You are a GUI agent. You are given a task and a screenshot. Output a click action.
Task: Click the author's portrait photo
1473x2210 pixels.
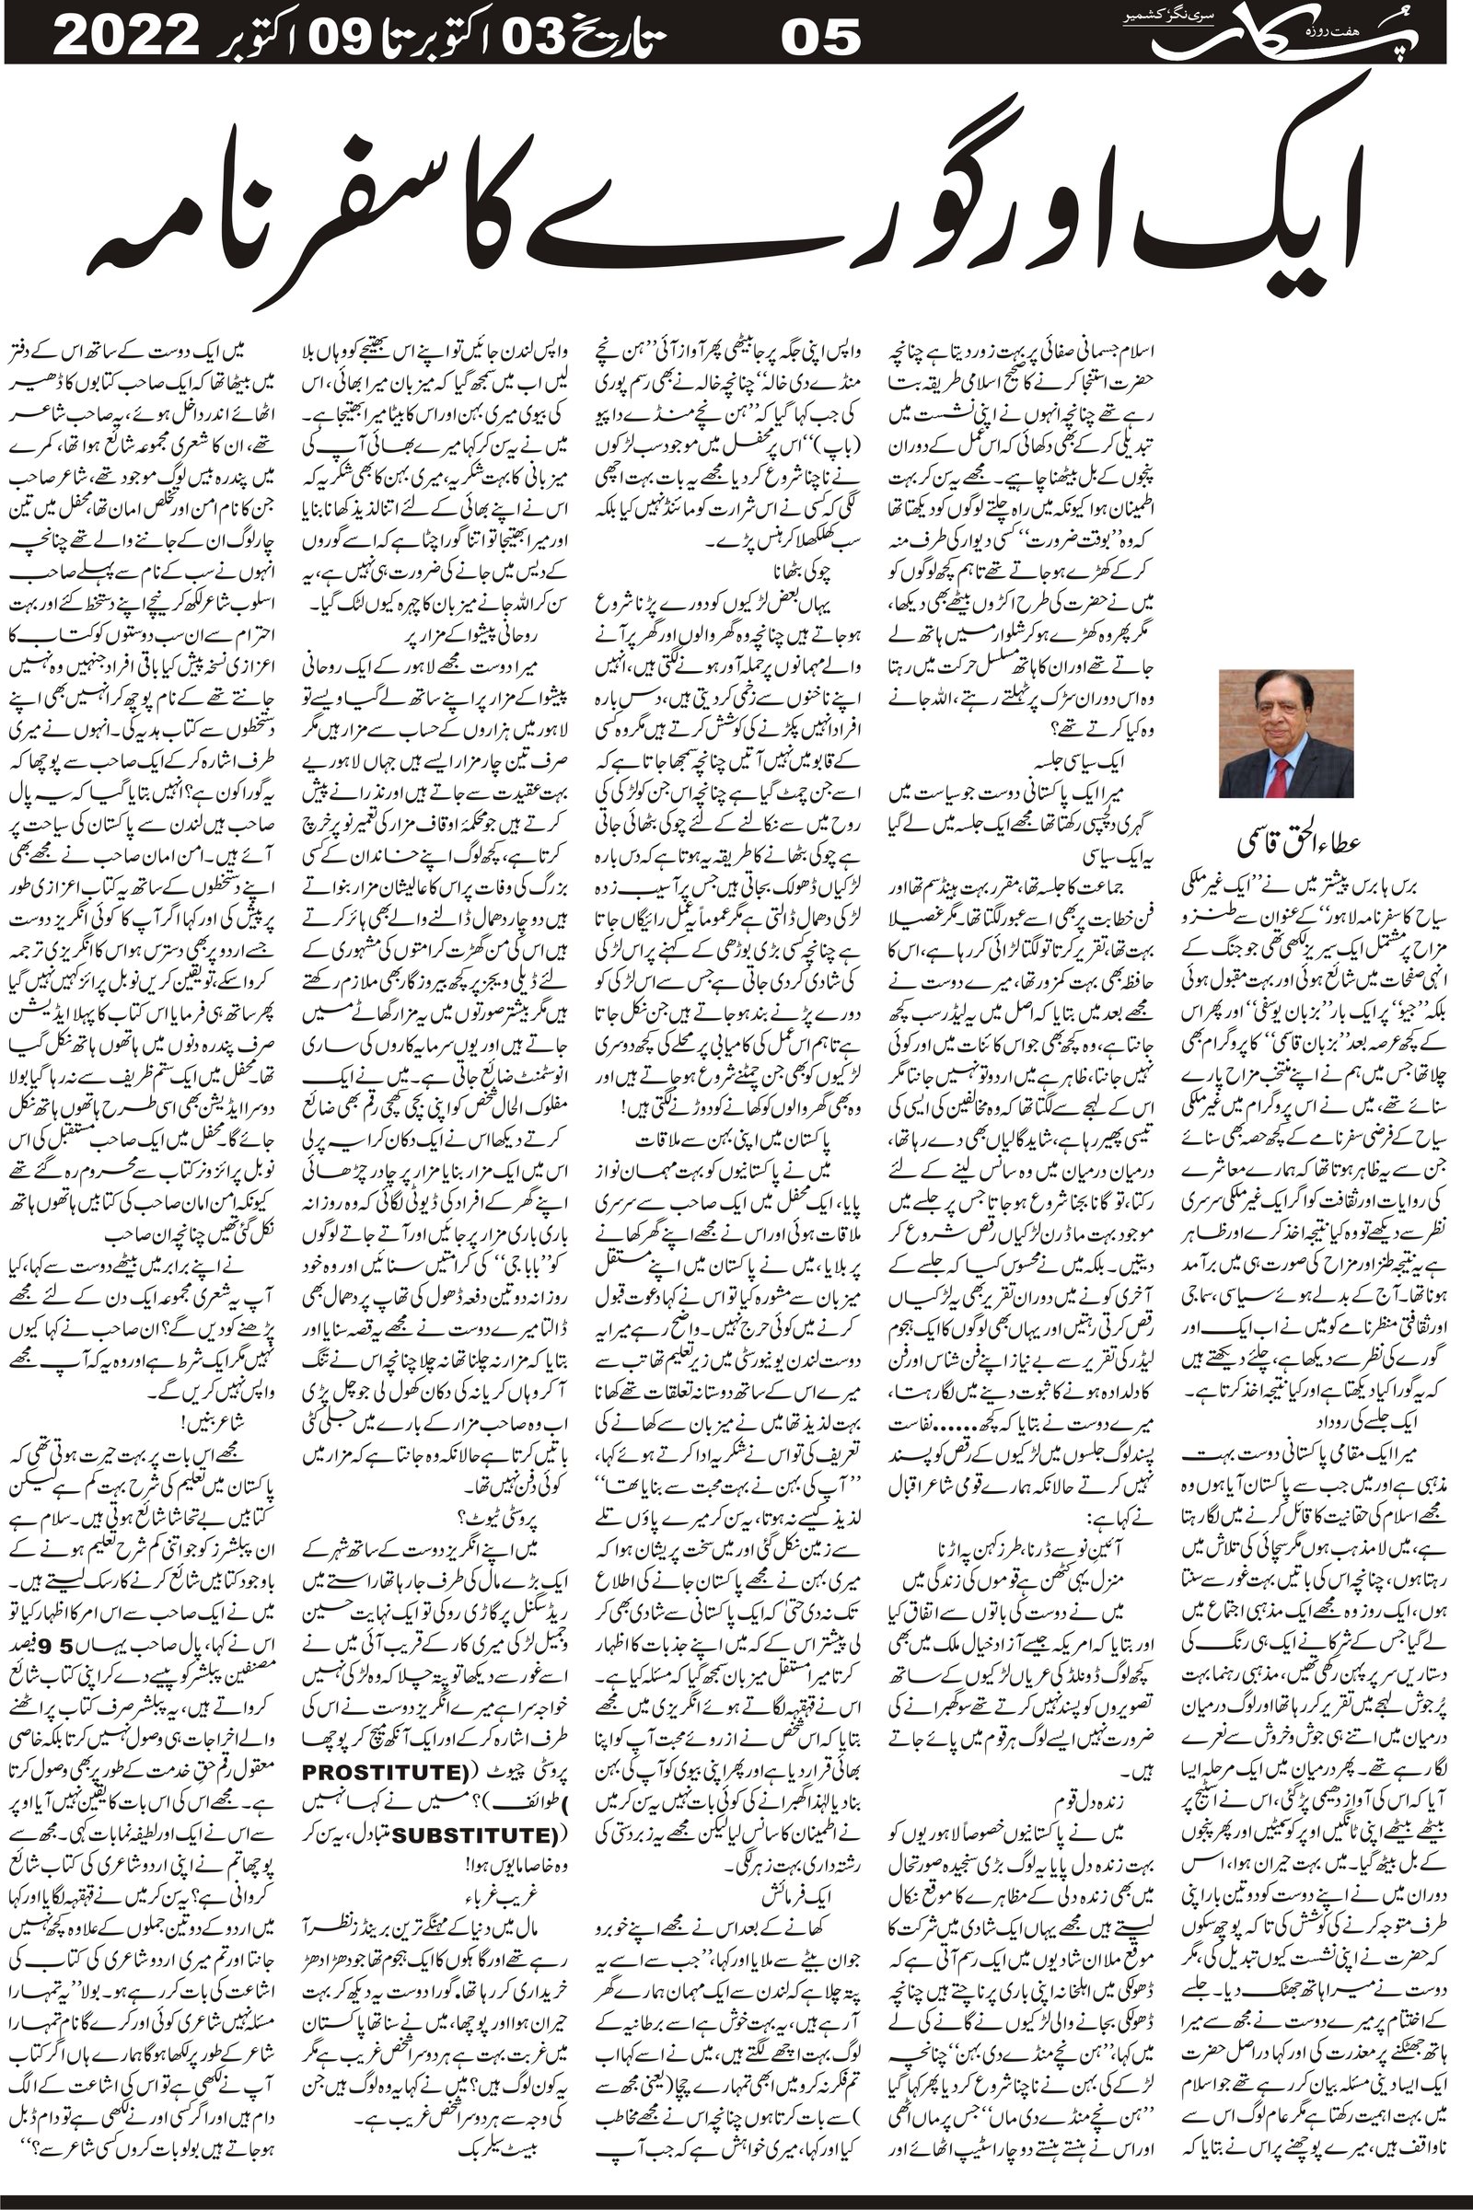(1286, 733)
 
